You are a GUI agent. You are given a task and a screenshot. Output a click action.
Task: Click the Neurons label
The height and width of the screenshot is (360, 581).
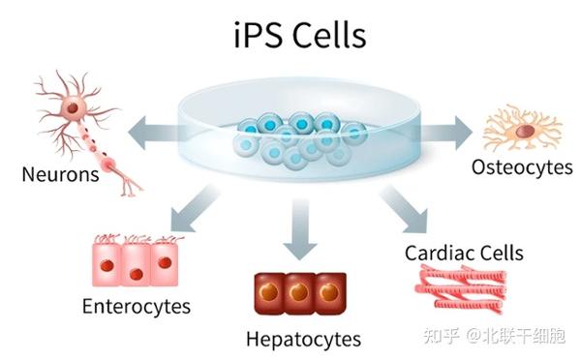click(x=61, y=176)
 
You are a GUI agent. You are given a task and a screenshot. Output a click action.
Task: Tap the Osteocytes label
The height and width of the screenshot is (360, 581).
click(x=522, y=167)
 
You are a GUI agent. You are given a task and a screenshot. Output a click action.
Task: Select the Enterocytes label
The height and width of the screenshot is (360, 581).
click(x=136, y=308)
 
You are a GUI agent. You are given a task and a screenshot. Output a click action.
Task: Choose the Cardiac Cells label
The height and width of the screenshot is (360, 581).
click(x=465, y=254)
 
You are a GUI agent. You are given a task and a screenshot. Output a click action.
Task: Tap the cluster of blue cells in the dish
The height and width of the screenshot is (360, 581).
click(x=298, y=135)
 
